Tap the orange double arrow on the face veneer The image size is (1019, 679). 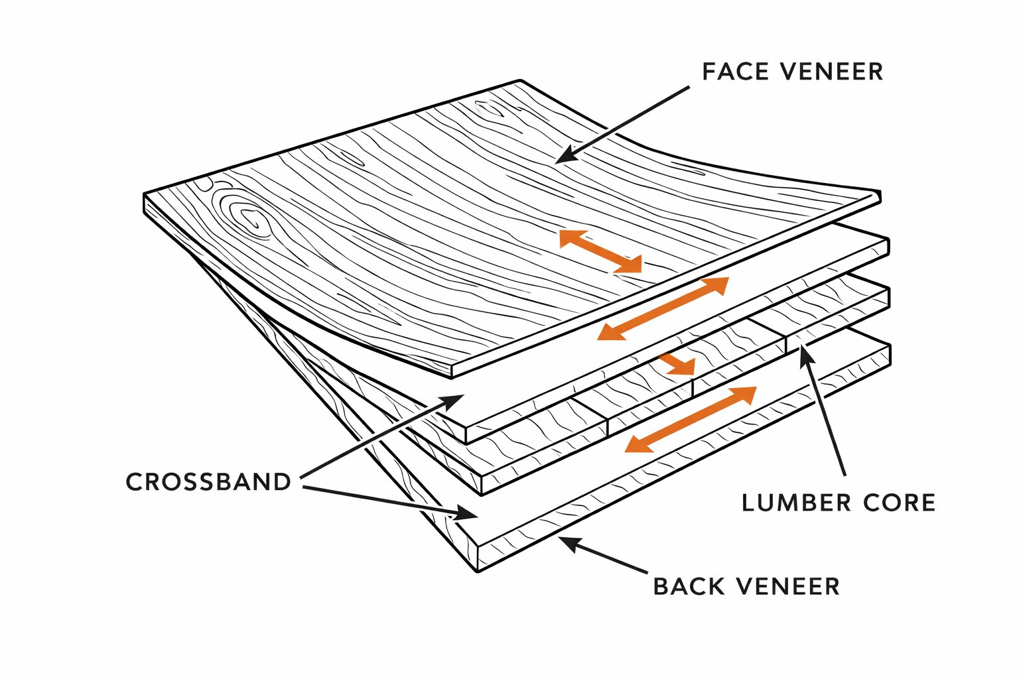point(600,251)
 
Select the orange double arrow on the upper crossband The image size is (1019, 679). point(663,309)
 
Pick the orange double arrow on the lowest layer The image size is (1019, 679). point(691,419)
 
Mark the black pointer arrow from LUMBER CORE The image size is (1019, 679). point(823,411)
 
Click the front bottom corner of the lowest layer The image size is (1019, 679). point(478,570)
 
